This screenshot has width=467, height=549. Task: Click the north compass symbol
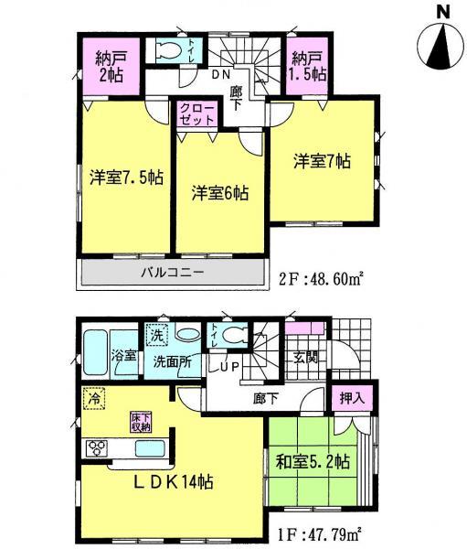(x=441, y=42)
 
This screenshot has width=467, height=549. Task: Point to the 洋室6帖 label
(x=220, y=193)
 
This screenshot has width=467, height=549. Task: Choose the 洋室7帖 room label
(x=322, y=162)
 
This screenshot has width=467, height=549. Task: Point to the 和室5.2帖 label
(x=311, y=463)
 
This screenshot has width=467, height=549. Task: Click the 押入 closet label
(x=352, y=399)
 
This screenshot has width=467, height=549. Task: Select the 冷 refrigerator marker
(x=91, y=398)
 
